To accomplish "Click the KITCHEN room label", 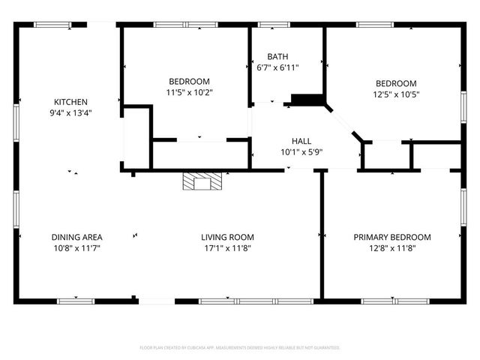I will pyautogui.click(x=71, y=102).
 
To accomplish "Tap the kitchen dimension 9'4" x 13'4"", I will pyautogui.click(x=71, y=113).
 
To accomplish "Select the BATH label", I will pyautogui.click(x=277, y=56).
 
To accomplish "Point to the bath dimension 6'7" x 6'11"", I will pyautogui.click(x=277, y=67).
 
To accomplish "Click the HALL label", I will pyautogui.click(x=301, y=140).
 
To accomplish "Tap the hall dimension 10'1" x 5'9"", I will pyautogui.click(x=301, y=151).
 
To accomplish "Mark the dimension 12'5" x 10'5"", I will pyautogui.click(x=395, y=94).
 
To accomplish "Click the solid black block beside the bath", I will pyautogui.click(x=307, y=100).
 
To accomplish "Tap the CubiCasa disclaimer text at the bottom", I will pyautogui.click(x=240, y=348).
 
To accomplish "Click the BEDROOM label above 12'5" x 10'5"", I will pyautogui.click(x=395, y=83).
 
